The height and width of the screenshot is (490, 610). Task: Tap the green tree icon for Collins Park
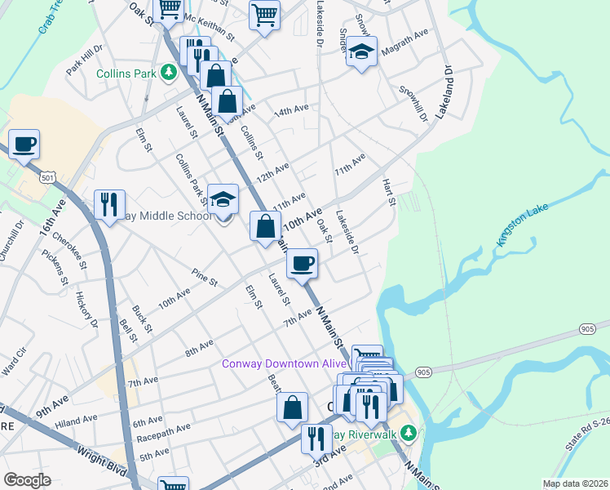(169, 73)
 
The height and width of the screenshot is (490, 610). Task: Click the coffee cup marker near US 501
(24, 144)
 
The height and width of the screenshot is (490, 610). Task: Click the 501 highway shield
(48, 177)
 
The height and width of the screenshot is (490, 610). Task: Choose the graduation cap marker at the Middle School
(223, 199)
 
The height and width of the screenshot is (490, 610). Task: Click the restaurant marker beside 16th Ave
(109, 204)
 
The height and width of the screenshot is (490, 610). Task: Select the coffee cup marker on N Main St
(303, 263)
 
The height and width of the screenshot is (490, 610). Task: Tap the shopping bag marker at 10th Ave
(266, 226)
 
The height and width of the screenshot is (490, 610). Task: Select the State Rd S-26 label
(590, 433)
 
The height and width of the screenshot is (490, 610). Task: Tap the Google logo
(27, 480)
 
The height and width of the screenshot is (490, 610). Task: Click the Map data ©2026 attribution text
(575, 483)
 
